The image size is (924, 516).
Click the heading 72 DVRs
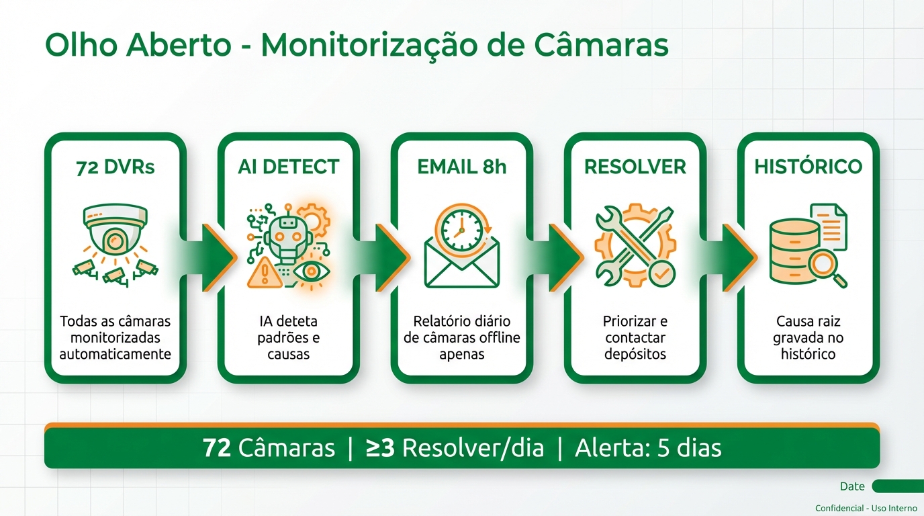coord(115,167)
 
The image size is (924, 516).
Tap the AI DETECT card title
coord(289,167)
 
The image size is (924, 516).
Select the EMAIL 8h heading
coord(462,167)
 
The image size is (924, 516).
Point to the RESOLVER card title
coord(635,167)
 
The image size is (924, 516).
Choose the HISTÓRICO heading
coord(808,167)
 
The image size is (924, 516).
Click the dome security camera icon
coord(115,228)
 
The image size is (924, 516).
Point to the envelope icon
coord(462,265)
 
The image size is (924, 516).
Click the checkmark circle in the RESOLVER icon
coord(661,273)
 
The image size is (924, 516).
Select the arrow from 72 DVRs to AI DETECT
coord(215,257)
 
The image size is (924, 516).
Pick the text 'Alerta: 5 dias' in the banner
coord(648,448)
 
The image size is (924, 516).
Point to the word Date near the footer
coord(852,486)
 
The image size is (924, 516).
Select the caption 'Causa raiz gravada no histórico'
coord(808,337)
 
